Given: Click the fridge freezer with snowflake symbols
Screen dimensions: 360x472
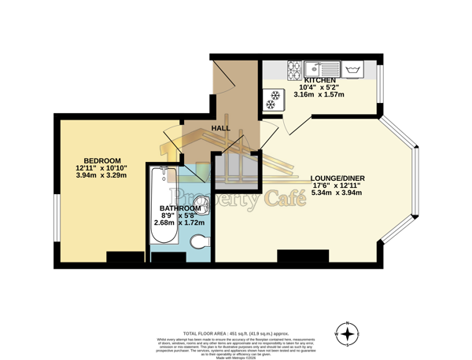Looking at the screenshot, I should coord(275,100).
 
